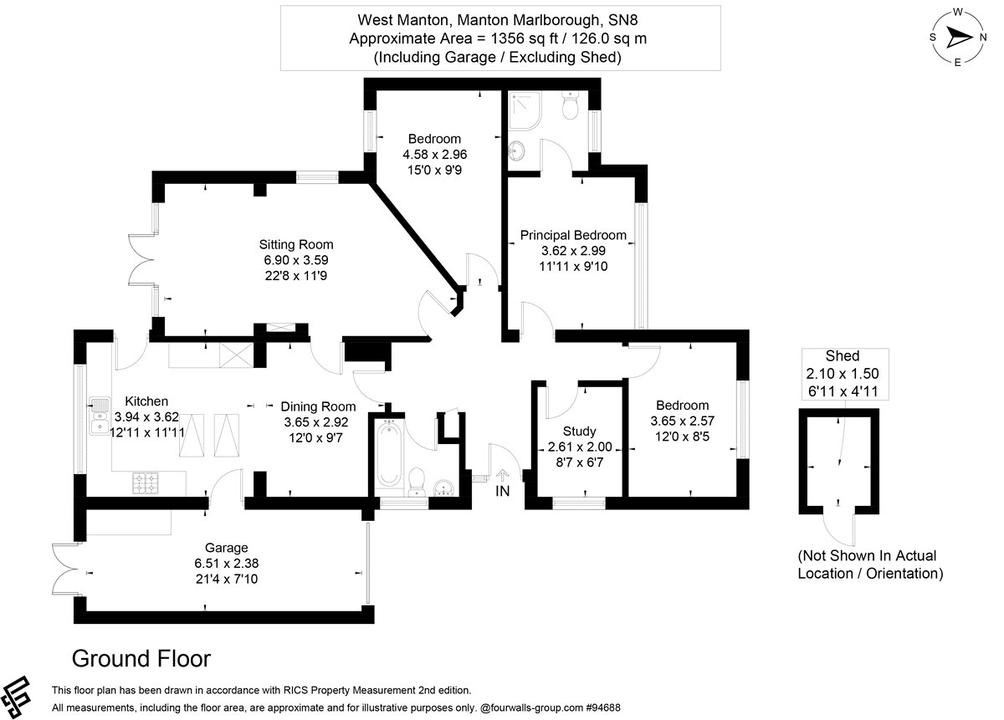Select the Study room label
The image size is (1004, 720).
579,431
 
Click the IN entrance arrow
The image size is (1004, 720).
502,477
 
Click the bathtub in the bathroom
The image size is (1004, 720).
389,455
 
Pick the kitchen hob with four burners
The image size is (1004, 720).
145,482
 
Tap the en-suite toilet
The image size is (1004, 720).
571,107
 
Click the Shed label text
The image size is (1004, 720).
842,356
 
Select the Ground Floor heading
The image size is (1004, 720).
141,659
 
